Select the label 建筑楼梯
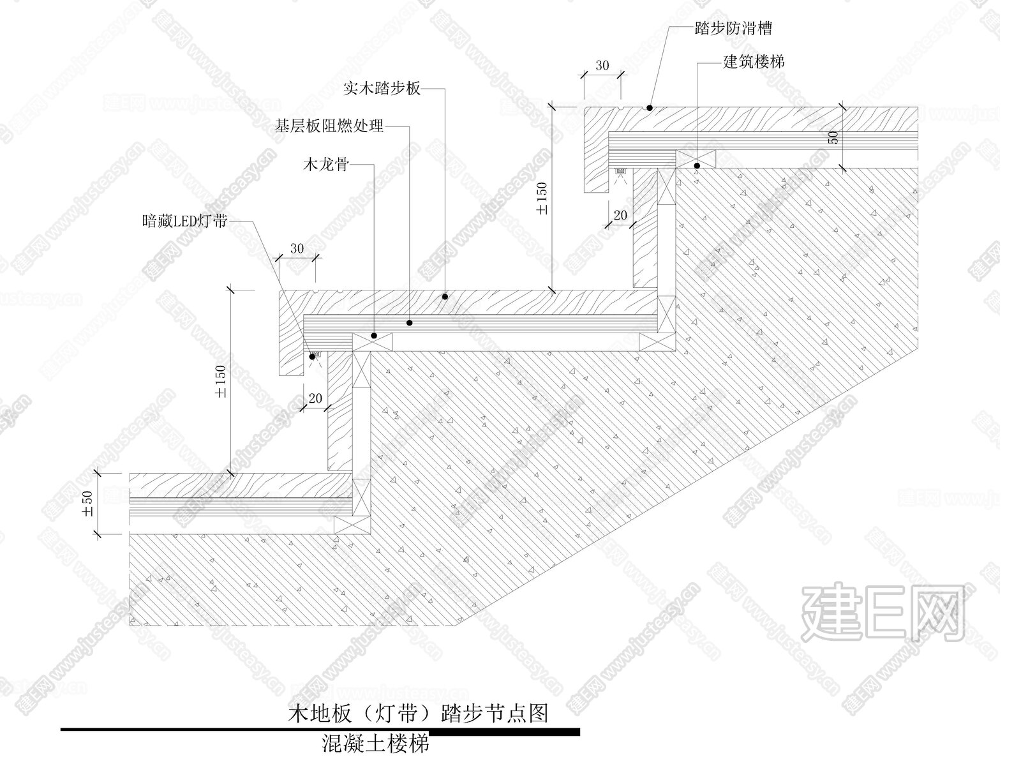point(754,62)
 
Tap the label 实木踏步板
point(382,89)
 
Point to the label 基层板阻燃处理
point(329,126)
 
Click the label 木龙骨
point(325,165)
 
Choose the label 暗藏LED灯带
point(184,222)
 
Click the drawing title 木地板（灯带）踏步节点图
point(419,712)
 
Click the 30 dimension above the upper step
point(602,66)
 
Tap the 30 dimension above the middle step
point(297,249)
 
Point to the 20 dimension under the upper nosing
point(620,216)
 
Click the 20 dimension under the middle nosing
point(315,398)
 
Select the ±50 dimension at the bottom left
point(88,504)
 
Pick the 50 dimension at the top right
point(833,137)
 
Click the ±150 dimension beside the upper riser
point(542,199)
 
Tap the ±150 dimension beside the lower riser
point(221,381)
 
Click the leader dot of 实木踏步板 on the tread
point(445,297)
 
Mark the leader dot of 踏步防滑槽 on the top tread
point(649,109)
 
